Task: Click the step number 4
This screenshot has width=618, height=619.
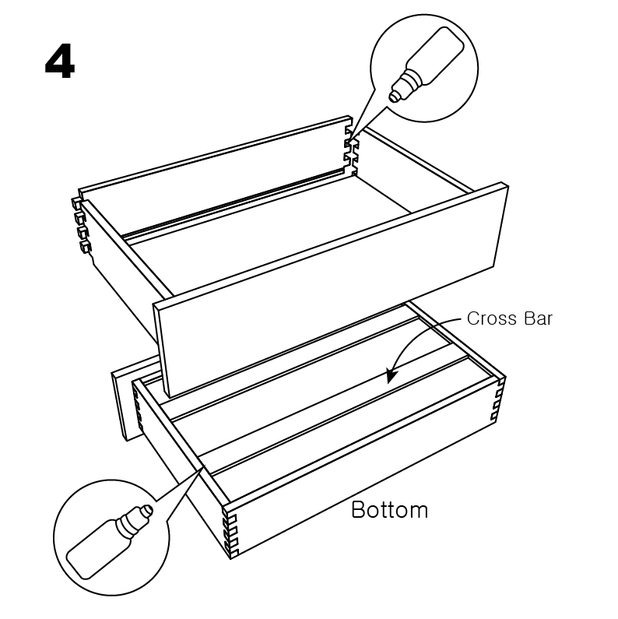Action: coord(60,62)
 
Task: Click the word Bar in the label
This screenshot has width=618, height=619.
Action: coord(539,318)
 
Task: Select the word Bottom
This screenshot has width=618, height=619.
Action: coord(389,510)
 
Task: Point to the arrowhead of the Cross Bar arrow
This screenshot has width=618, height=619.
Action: coord(391,376)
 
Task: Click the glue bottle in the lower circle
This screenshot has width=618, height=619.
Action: coord(109,542)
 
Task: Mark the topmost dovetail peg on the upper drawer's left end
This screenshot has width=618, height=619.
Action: coord(76,203)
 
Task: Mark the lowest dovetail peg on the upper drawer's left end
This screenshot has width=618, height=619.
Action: coord(86,247)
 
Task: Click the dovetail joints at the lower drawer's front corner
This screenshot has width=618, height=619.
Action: coord(230,533)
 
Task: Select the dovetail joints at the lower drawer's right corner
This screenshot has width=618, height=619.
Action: coord(498,399)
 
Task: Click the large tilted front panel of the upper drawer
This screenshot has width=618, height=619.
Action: coord(331,290)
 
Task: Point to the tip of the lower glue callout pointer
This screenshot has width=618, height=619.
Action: coord(204,466)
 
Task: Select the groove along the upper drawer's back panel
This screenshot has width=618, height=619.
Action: coord(233,203)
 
